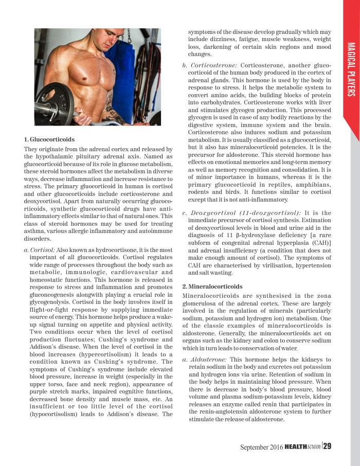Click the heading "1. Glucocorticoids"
tap(49, 139)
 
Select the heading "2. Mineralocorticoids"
tap(211, 286)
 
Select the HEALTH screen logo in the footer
tap(303, 446)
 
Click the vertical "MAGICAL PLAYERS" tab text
tap(352, 69)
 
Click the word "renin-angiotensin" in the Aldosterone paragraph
tap(210, 412)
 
